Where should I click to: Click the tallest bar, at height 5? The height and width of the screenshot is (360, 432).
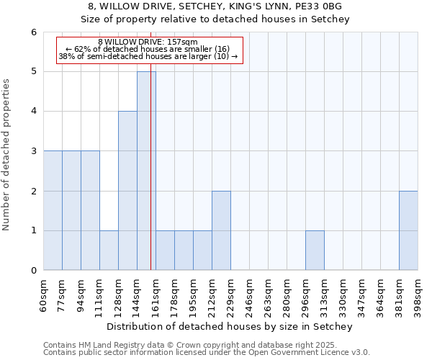coord(146,171)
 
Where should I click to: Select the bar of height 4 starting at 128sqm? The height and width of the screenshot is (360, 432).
coord(127,191)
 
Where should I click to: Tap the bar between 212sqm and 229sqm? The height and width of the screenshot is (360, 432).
coord(221,230)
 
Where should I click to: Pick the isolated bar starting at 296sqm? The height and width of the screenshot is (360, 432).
coord(315,251)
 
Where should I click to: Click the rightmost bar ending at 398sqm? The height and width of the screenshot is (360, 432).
coord(408,230)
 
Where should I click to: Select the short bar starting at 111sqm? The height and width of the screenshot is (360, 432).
coord(109,251)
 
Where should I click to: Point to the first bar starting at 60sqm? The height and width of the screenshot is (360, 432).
coord(53,210)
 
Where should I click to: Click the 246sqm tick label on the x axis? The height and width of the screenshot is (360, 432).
coord(250,294)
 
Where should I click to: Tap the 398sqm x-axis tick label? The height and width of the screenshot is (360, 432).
coord(418,294)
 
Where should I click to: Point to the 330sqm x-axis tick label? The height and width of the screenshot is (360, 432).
coord(343,294)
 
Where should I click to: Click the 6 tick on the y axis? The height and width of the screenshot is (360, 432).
coord(34,32)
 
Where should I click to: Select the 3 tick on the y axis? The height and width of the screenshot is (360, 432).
coord(34,151)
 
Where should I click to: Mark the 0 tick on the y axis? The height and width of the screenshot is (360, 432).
coord(34,271)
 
